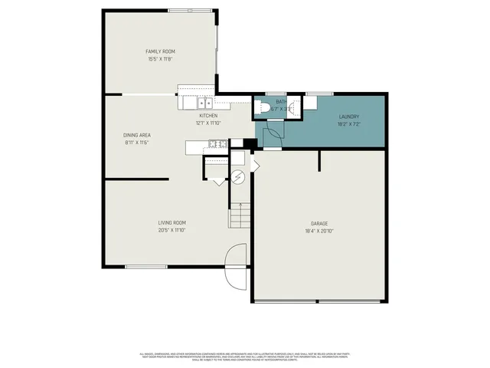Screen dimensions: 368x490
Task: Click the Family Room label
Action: pos(160,51)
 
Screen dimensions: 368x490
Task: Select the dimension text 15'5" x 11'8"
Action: pos(160,59)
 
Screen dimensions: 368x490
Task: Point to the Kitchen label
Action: pos(208,116)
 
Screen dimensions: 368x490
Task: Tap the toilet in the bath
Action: pos(261,108)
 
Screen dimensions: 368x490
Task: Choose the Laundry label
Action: pos(349,117)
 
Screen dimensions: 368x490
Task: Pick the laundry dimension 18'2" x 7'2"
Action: pos(349,123)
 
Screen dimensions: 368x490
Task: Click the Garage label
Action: pos(319,223)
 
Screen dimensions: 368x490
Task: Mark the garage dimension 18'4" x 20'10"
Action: pos(319,231)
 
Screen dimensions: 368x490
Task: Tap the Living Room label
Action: pos(172,222)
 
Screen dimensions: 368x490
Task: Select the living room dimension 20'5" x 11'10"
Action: pos(172,230)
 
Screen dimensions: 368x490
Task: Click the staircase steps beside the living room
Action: pos(240,215)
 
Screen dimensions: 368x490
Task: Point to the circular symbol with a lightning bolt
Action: pos(238,178)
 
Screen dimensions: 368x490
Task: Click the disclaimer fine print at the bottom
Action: pos(244,356)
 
